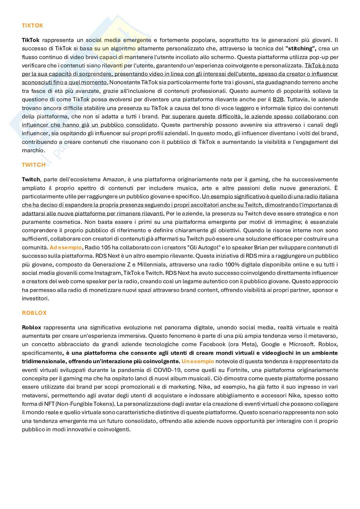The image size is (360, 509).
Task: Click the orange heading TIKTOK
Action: coord(32,25)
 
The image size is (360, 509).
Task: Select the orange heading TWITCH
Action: coord(34,165)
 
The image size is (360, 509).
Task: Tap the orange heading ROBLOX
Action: coord(34,313)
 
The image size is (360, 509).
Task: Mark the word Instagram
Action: coord(104,273)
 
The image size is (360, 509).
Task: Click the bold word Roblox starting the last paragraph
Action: coord(32,327)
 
